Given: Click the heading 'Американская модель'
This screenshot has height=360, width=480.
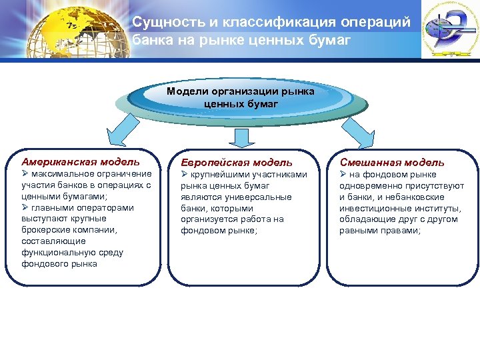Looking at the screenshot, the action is pyautogui.click(x=81, y=161).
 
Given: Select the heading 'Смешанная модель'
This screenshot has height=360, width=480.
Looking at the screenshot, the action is pyautogui.click(x=392, y=162).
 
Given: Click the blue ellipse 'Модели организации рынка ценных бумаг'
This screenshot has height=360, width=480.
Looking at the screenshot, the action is pyautogui.click(x=241, y=98).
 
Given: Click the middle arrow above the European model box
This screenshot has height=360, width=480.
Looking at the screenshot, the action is pyautogui.click(x=241, y=137).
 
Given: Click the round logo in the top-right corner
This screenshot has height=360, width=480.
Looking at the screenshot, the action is pyautogui.click(x=447, y=30).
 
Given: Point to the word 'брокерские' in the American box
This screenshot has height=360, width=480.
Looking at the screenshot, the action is pyautogui.click(x=44, y=230).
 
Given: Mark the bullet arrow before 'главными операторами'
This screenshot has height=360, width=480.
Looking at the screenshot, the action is pyautogui.click(x=25, y=207).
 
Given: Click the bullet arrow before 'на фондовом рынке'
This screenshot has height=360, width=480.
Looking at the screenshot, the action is pyautogui.click(x=344, y=174).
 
